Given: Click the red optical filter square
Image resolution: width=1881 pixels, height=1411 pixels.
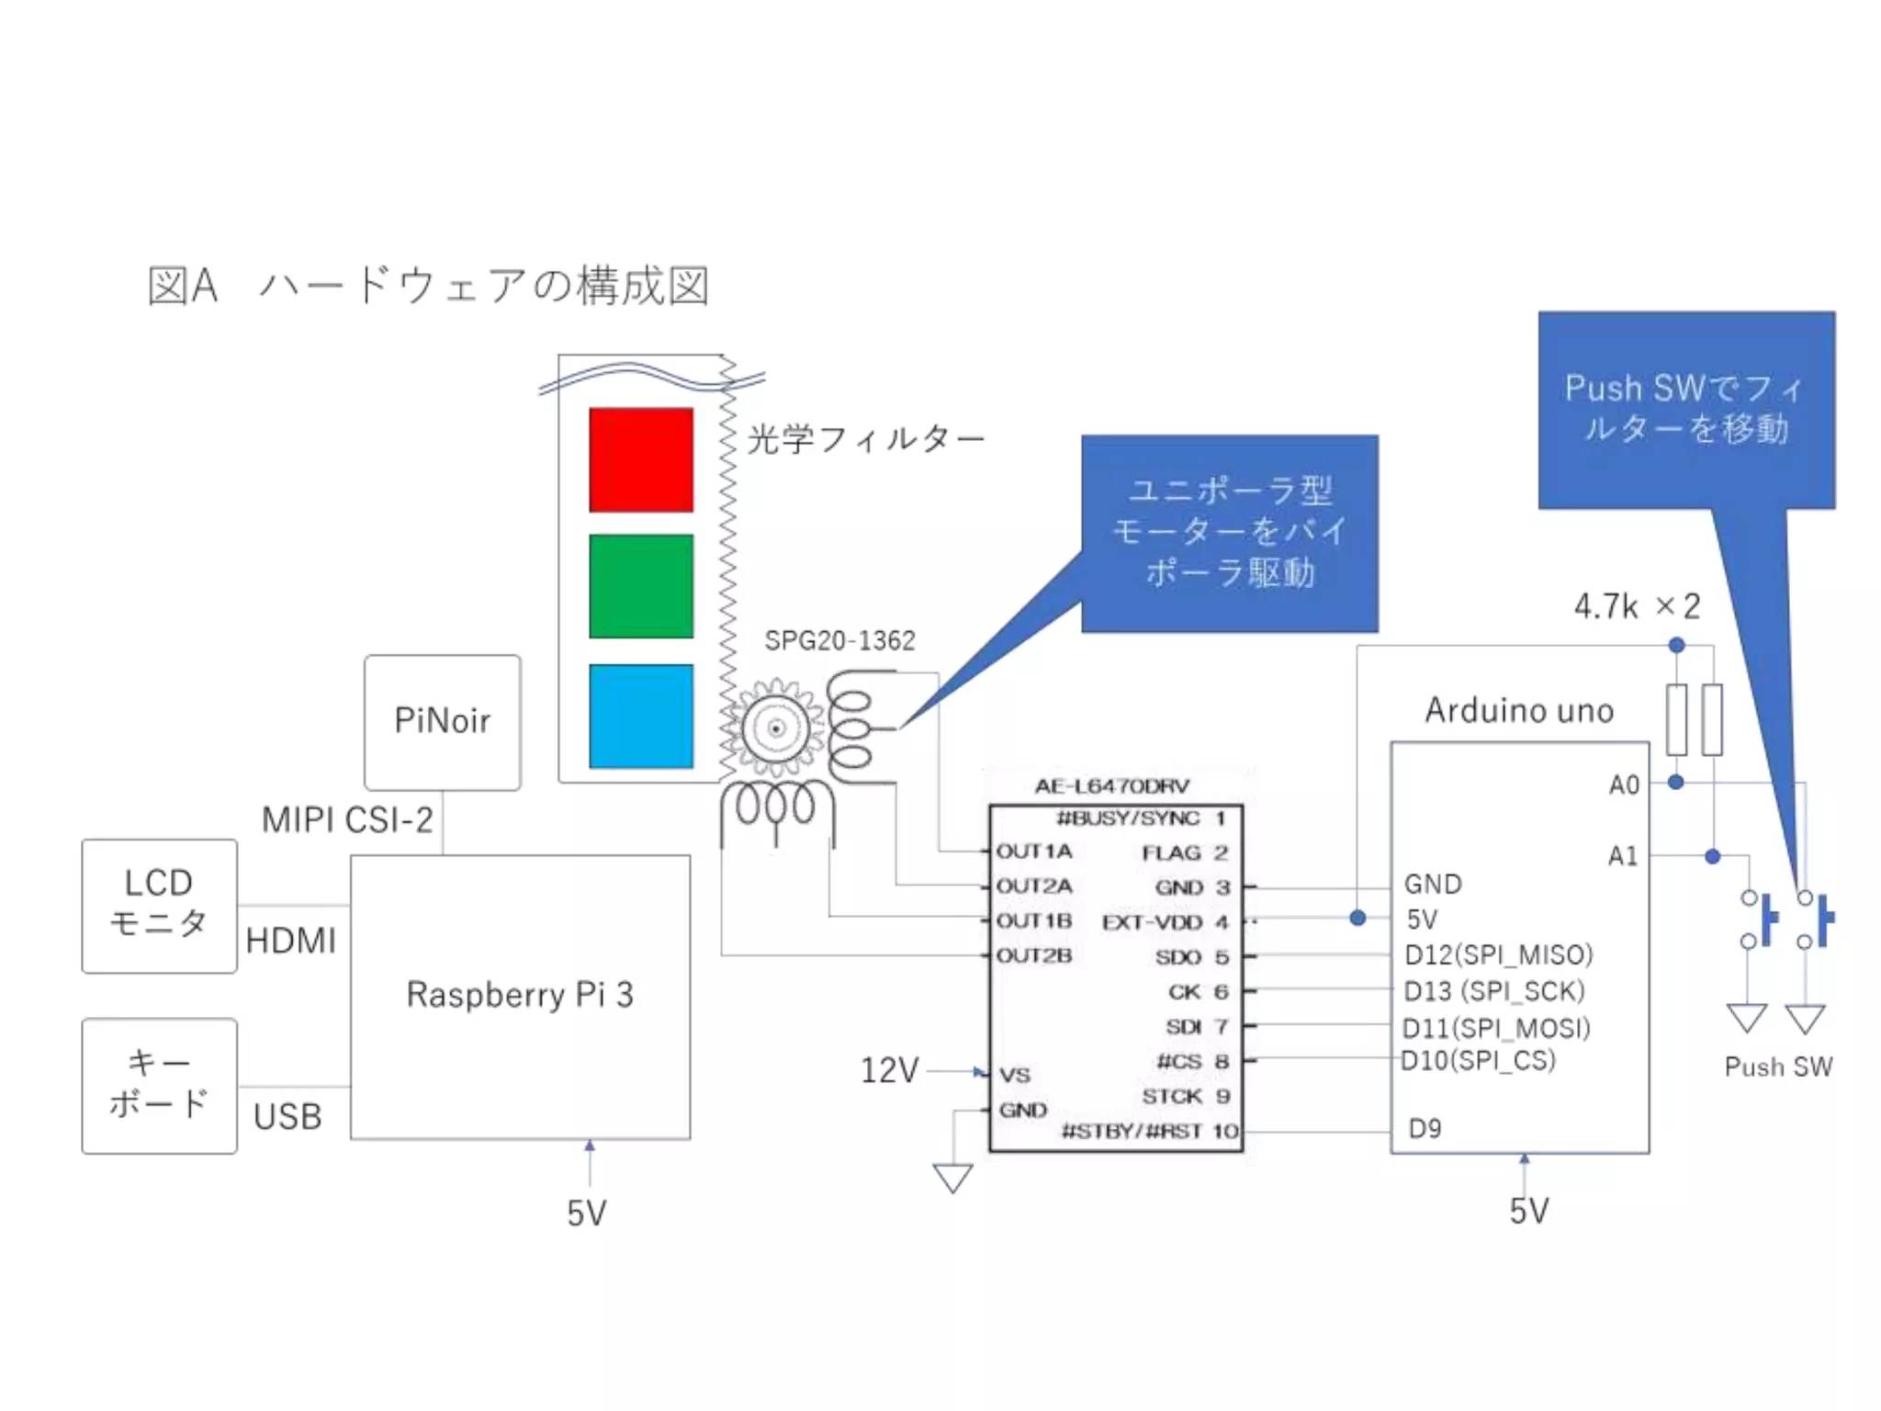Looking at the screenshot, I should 641,459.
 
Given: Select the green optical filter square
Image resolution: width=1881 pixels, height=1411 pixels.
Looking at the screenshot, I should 641,586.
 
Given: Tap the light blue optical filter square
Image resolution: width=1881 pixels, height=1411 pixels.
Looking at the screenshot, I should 641,716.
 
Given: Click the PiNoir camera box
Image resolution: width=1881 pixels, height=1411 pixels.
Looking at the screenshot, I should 442,721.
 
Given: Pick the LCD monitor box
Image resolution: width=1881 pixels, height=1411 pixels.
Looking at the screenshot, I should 159,905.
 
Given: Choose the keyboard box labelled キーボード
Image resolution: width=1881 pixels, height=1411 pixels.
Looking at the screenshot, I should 159,1085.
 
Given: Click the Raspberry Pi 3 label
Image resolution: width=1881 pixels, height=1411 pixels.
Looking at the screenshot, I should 520,995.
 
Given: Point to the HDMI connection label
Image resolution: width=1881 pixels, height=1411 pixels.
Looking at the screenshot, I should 291,941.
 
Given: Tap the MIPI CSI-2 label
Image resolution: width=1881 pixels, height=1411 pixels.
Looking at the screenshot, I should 347,819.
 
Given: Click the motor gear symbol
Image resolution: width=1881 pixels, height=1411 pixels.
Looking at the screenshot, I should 776,728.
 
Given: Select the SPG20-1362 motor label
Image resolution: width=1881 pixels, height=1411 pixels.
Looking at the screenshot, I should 839,640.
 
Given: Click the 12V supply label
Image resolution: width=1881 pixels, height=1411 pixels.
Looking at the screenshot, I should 889,1070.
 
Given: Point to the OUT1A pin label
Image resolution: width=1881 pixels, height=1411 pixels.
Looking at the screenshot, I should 1034,852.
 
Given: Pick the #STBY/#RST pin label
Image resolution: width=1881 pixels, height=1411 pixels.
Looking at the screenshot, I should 1131,1131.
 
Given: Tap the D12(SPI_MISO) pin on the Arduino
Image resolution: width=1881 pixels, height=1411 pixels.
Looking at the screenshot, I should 1498,954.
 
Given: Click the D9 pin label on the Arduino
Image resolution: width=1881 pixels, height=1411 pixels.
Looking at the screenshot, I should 1425,1128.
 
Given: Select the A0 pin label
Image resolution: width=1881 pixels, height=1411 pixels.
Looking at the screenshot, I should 1623,785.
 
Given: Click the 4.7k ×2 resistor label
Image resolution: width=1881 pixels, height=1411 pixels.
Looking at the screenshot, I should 1637,606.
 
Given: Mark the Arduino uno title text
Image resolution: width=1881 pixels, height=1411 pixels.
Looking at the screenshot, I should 1519,710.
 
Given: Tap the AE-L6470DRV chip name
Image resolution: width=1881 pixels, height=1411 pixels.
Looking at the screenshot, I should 1111,786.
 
